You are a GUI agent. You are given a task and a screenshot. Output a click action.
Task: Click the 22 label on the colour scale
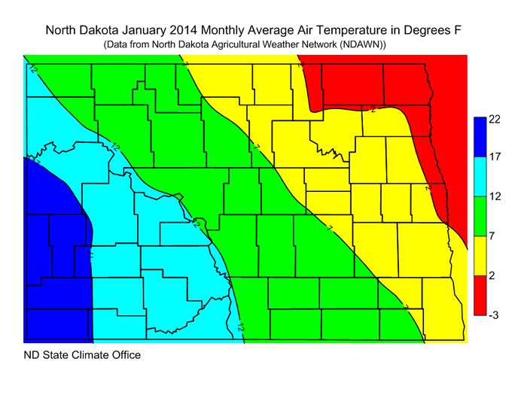495,120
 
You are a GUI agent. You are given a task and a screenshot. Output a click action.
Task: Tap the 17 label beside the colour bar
495,159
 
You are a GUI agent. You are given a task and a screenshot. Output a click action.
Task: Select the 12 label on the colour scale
495,198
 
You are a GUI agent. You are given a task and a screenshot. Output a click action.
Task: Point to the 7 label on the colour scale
492,237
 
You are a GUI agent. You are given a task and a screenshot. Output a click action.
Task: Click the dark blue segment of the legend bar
480,136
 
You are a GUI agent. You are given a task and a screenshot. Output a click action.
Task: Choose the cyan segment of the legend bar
480,178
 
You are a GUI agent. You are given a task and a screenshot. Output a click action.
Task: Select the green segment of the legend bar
480,217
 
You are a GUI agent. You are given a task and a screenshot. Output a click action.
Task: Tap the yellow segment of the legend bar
480,256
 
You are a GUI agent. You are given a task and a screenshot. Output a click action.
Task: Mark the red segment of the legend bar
480,295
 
